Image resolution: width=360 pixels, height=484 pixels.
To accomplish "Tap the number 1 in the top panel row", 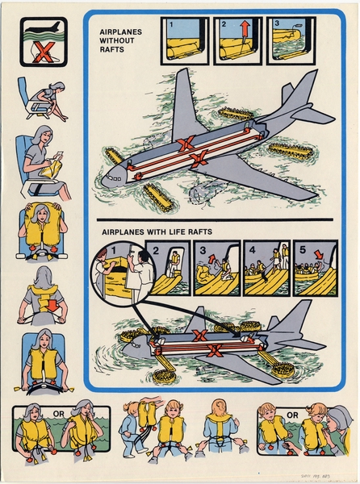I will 170,23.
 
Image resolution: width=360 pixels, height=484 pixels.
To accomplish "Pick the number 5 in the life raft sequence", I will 300,248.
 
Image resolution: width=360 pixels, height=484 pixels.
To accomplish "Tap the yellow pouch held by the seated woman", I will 37,170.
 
